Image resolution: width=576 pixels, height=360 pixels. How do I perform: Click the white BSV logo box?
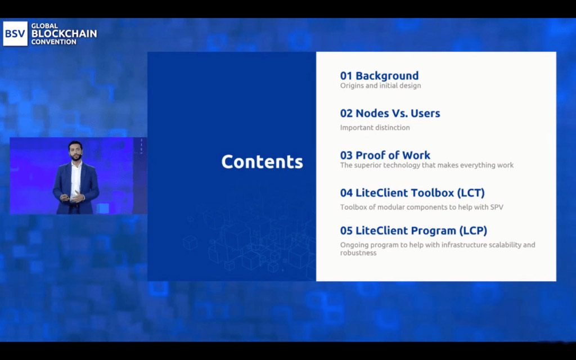[15, 33]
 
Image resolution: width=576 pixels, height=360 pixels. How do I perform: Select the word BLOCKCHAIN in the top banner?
[64, 34]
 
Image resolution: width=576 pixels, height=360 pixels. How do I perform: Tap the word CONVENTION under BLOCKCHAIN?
[53, 42]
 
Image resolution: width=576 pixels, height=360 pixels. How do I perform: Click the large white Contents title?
[262, 161]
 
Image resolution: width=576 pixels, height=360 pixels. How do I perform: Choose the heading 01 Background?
[379, 76]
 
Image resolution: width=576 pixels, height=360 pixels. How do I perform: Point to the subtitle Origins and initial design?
[380, 85]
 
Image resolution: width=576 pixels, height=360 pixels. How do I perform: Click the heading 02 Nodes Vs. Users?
[390, 113]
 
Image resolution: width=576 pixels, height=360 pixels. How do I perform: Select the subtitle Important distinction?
[375, 128]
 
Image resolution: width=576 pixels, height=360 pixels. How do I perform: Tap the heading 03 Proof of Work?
[385, 155]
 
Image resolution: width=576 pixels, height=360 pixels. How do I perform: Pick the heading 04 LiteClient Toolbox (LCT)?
[412, 193]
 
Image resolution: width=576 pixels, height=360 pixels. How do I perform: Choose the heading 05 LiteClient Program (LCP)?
[413, 231]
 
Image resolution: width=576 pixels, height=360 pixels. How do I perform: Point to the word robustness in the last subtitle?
[358, 253]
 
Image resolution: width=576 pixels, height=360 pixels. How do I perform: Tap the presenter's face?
[75, 151]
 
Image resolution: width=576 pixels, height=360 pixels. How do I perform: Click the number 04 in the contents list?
[346, 193]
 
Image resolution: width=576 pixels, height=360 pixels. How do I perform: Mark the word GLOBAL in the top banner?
[44, 26]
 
